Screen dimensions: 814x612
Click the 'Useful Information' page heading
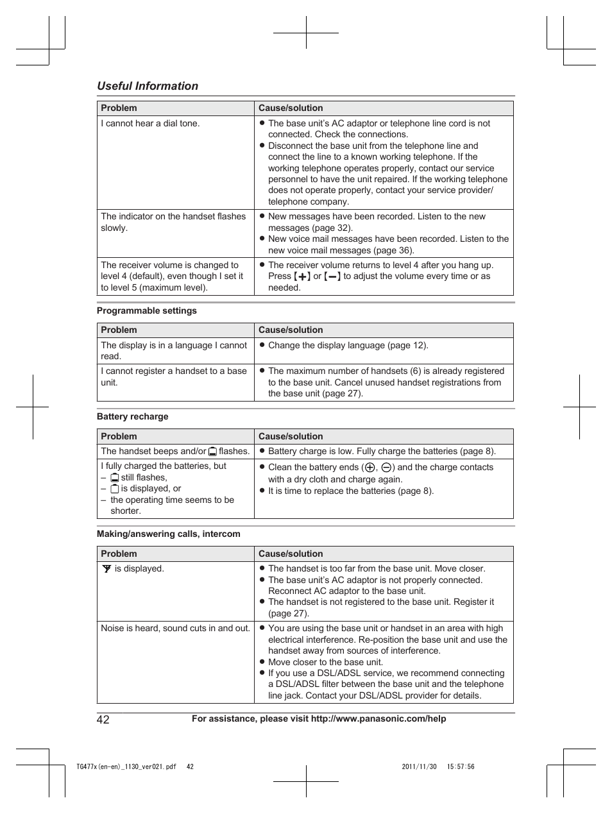[148, 86]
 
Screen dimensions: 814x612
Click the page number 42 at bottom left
[103, 719]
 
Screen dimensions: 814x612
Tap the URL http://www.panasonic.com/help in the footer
[378, 718]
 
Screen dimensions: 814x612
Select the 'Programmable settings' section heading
[147, 310]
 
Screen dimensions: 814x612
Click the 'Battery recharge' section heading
[133, 416]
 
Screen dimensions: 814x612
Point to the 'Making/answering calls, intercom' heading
[169, 534]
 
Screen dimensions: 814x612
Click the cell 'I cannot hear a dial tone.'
[150, 123]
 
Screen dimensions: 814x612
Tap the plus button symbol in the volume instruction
[302, 276]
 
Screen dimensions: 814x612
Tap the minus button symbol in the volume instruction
[332, 276]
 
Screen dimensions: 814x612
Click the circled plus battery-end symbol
[370, 468]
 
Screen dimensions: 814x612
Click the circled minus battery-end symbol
[387, 468]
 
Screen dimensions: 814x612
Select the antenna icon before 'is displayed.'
[106, 568]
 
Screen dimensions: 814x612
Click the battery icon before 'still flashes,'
[114, 478]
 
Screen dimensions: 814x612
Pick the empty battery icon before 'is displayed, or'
[114, 489]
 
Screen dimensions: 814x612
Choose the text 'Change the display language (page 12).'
[348, 345]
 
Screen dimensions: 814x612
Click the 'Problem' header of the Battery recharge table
[119, 436]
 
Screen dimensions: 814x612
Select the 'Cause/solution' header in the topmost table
[291, 108]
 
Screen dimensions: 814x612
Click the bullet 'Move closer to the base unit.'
[325, 662]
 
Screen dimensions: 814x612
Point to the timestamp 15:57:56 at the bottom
[461, 767]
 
